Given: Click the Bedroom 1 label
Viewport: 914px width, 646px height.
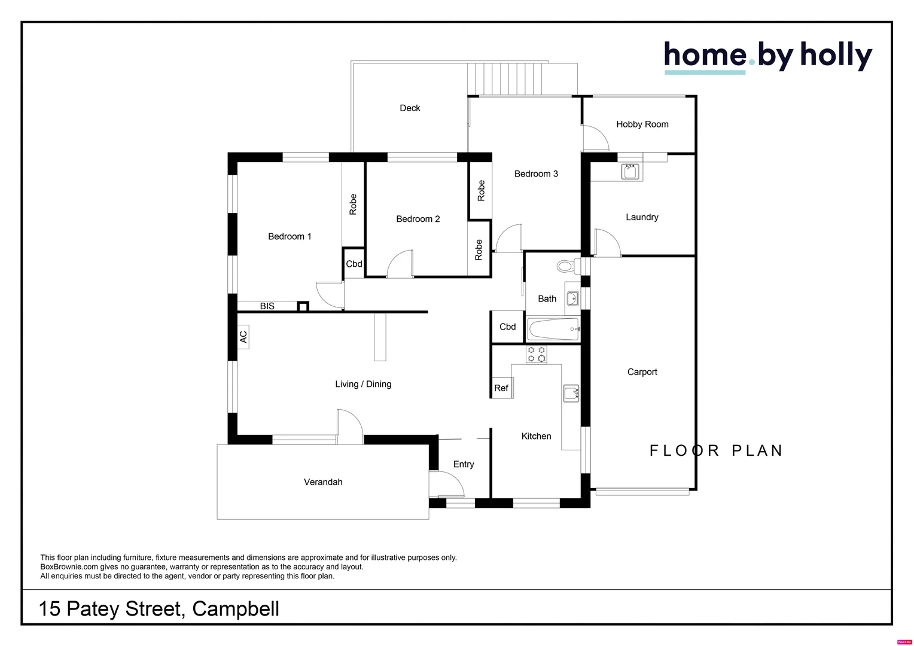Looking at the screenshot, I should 290,236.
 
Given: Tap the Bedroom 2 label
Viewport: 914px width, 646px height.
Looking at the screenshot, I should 418,219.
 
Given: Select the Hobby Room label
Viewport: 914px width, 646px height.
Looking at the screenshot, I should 642,124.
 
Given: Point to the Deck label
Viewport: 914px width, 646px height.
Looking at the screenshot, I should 410,108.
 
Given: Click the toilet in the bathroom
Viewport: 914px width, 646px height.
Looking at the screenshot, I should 566,266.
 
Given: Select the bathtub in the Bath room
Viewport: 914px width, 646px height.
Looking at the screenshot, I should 553,329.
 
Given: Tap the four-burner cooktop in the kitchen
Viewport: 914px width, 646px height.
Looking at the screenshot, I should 536,354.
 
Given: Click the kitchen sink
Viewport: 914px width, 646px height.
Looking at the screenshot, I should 571,393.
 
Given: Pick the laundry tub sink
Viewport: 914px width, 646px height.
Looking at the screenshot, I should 630,172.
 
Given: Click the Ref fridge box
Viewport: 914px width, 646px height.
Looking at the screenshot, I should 501,388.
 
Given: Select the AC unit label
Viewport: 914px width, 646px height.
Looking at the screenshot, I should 243,337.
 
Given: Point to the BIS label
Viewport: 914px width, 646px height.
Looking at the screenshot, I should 267,306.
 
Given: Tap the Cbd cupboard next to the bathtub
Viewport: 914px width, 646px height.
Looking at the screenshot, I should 507,327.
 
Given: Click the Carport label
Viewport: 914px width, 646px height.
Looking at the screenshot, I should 642,372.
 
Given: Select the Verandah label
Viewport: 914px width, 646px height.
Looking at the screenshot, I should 323,482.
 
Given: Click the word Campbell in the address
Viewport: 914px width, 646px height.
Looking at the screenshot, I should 236,609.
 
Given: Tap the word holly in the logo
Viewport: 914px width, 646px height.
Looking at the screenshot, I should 836,56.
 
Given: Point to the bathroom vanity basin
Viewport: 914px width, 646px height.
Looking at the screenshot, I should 572,298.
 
